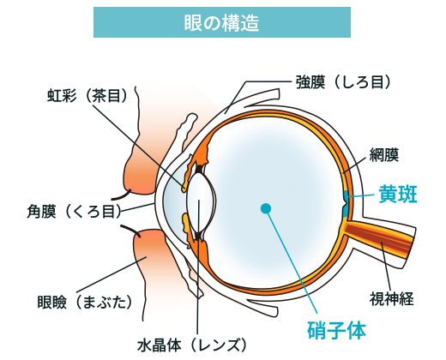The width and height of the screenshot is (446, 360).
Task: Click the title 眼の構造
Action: coord(222,22)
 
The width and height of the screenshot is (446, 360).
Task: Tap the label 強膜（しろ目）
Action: coord(343,82)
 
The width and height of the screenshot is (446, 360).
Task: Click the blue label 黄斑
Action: coord(397,195)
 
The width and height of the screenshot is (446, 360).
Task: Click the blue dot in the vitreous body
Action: coord(266,207)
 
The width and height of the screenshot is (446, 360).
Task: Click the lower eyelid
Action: coord(150,266)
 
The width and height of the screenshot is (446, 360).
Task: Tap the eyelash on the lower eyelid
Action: coord(129,230)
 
